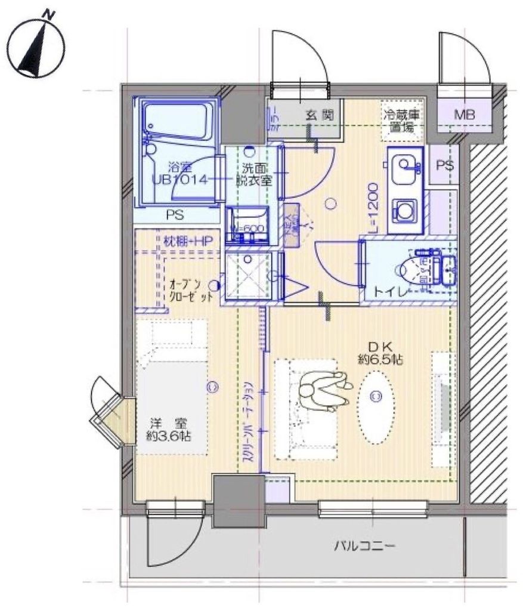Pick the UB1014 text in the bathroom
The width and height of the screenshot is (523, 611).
point(180,180)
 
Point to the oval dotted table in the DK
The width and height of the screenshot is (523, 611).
point(376,408)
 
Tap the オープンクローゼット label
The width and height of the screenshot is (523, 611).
point(190,291)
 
